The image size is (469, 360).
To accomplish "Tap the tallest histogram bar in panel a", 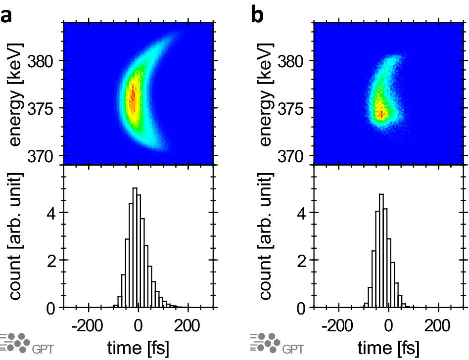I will pos(134,248).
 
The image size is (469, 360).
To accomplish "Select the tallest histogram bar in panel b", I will pos(381,251).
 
